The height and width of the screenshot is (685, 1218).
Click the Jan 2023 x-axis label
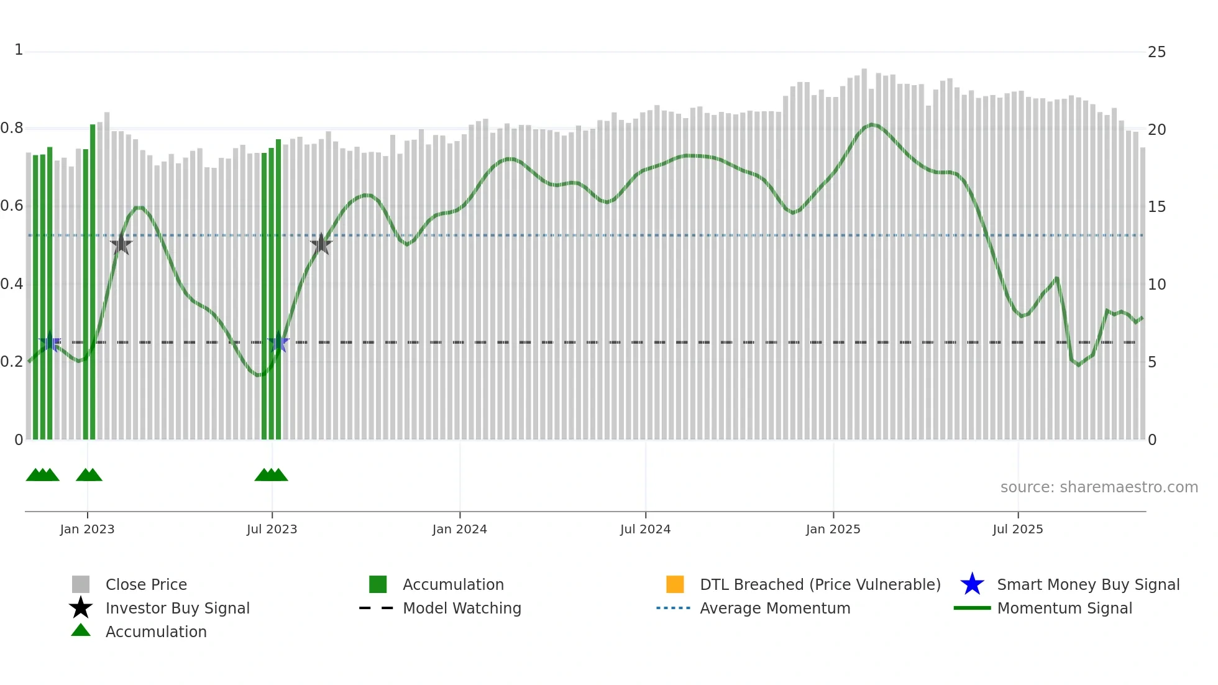(x=87, y=529)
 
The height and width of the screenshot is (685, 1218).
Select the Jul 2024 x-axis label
(x=645, y=529)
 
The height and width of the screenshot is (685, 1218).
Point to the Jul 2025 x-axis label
(x=1017, y=529)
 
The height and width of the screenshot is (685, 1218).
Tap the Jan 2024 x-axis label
(x=459, y=529)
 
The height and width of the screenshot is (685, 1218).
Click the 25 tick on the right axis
(x=1156, y=52)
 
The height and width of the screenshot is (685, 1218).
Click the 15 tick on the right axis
(x=1156, y=207)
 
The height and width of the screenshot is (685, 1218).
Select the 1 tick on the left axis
(x=19, y=50)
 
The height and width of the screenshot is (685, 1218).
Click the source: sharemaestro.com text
(x=1099, y=487)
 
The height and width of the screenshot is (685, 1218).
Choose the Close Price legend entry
(x=146, y=584)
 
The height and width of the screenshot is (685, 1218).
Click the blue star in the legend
(x=972, y=584)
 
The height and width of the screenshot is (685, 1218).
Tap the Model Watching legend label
(x=462, y=608)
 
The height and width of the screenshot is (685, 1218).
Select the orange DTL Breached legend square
(x=675, y=584)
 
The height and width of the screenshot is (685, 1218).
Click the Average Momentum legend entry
(x=775, y=608)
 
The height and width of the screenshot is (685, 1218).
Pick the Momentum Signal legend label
(x=1065, y=608)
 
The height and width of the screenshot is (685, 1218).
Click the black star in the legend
(x=81, y=608)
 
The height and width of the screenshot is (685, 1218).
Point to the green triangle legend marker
(x=81, y=630)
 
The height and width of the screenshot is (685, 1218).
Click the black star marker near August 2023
(x=321, y=244)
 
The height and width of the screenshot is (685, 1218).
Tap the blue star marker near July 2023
(x=278, y=342)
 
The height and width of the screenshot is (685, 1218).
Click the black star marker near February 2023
(x=121, y=245)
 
